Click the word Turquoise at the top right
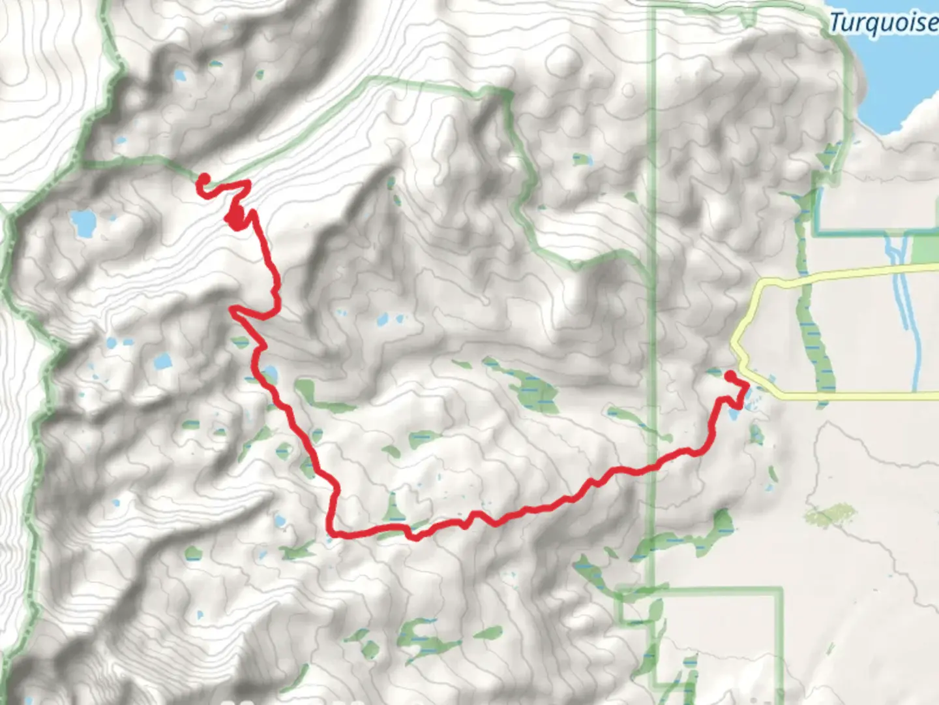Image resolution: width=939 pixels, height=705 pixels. pos(884,23)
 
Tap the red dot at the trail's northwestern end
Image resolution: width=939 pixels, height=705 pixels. pos(203,178)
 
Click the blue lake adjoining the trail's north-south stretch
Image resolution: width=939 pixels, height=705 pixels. pos(269,375)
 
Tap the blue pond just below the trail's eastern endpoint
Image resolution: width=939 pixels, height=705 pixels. pos(735,414)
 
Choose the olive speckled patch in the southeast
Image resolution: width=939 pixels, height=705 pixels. pos(828,516)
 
